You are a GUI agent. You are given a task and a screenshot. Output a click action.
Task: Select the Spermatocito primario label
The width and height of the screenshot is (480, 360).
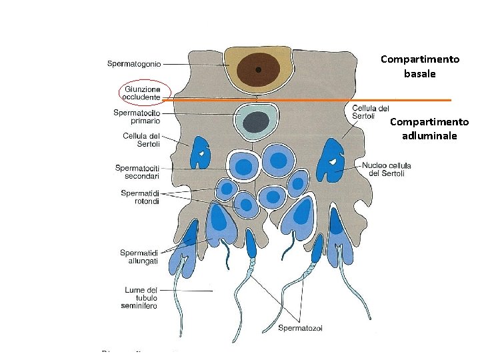pyautogui.click(x=137, y=117)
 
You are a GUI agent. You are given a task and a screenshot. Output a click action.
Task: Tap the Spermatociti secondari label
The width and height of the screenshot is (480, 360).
pyautogui.click(x=137, y=172)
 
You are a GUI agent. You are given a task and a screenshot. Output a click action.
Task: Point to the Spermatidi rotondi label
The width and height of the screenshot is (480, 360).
pyautogui.click(x=140, y=197)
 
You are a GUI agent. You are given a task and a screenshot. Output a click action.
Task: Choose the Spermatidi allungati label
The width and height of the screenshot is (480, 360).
pyautogui.click(x=139, y=257)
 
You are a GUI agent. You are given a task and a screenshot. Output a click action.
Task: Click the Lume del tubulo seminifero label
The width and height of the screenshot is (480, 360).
pyautogui.click(x=141, y=298)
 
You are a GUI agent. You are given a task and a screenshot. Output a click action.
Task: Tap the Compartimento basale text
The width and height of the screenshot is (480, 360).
pyautogui.click(x=420, y=67)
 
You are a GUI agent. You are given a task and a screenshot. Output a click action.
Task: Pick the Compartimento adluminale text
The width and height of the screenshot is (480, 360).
pyautogui.click(x=429, y=129)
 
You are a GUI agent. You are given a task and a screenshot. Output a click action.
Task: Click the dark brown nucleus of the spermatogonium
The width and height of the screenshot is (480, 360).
pyautogui.click(x=259, y=69)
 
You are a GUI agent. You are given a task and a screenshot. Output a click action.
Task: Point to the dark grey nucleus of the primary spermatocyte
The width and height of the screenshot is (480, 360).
pyautogui.click(x=255, y=122)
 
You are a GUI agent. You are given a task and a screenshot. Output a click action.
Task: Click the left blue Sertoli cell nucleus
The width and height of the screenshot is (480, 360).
pyautogui.click(x=199, y=154)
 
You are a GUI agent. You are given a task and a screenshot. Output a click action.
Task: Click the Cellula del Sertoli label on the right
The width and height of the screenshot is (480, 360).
pyautogui.click(x=371, y=112)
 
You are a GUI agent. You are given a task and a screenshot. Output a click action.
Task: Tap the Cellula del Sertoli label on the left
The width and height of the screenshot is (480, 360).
pyautogui.click(x=137, y=140)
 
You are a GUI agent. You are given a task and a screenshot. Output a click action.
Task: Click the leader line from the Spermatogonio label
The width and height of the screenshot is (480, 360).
pyautogui.click(x=193, y=65)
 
